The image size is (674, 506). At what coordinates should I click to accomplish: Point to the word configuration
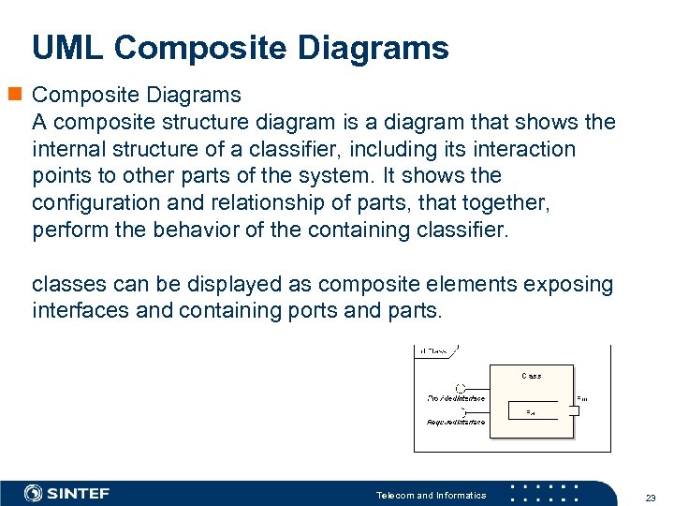[95, 202]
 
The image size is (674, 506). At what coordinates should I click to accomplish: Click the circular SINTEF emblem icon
[34, 493]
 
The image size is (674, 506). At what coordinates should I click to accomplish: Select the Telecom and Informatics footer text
[431, 495]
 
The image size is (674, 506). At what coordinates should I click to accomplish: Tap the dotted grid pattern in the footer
[547, 493]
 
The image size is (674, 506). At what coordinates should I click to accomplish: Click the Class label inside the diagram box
[531, 375]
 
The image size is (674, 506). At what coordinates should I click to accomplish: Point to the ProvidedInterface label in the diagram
[457, 398]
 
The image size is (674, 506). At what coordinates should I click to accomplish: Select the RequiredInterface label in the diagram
[456, 422]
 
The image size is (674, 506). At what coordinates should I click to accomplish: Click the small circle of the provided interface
[460, 389]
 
